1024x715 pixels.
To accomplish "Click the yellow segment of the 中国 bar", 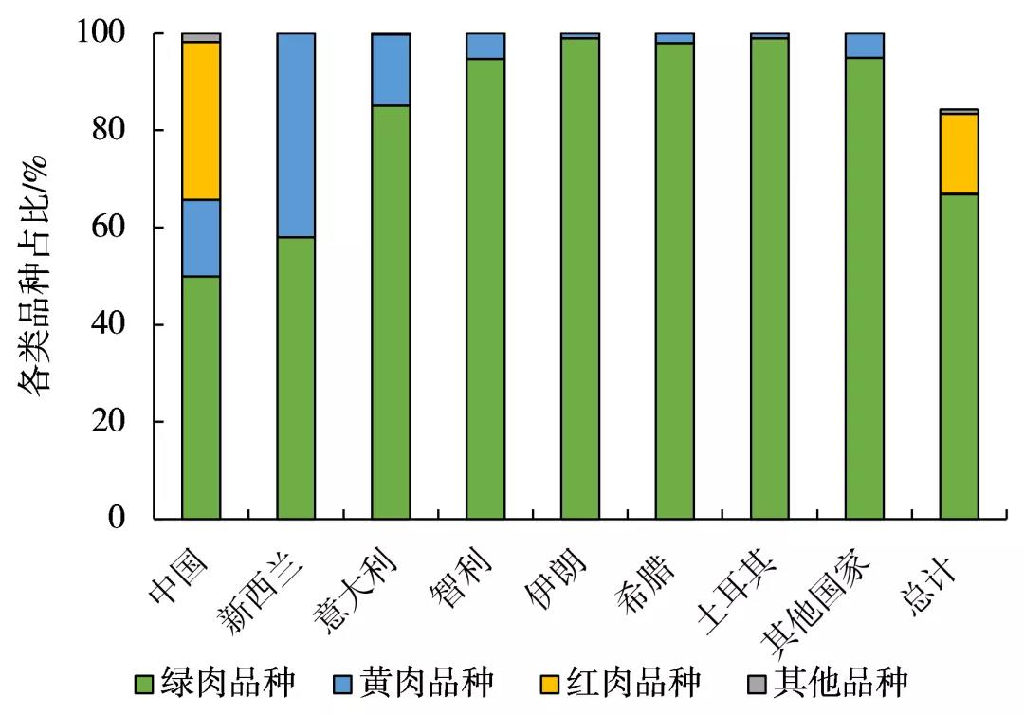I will [x=201, y=120].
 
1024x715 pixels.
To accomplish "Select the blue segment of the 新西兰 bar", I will [x=296, y=135].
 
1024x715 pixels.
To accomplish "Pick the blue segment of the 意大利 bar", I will [x=391, y=69].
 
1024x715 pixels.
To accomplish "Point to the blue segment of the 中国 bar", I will [x=201, y=237].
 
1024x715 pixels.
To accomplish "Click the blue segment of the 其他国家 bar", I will [x=864, y=46].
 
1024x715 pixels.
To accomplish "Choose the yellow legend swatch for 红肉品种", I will [x=550, y=683].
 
